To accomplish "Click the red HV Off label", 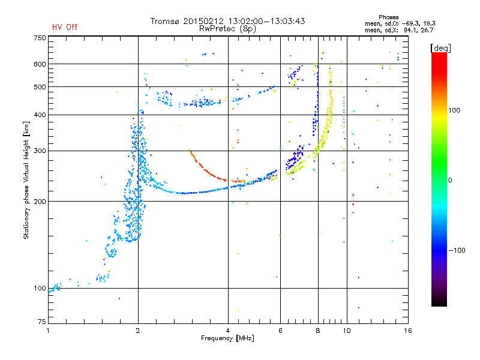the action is tap(65, 27).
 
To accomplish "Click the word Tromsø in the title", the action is tap(165, 21).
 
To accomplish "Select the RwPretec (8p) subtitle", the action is tap(227, 29).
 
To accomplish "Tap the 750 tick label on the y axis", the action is tap(40, 38).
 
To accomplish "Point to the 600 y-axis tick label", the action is tap(40, 64).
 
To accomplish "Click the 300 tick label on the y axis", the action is tap(40, 151).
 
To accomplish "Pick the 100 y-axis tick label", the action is tap(40, 289).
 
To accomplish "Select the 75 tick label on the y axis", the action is tap(42, 322).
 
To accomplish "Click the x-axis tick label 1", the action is tap(48, 331).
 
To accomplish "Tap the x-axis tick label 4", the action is tap(228, 331).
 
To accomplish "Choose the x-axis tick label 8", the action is tap(318, 331).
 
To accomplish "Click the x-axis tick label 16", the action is tap(408, 331).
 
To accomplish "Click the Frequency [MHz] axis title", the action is tap(227, 338).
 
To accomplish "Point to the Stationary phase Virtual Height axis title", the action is tap(26, 180).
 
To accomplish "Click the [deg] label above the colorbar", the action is tap(440, 48).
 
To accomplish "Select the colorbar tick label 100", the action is tap(454, 110).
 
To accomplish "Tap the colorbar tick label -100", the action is tap(457, 250).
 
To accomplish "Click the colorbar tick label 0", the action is tap(450, 181).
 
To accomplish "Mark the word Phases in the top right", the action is tap(388, 17).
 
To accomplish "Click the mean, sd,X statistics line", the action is tap(399, 31).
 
